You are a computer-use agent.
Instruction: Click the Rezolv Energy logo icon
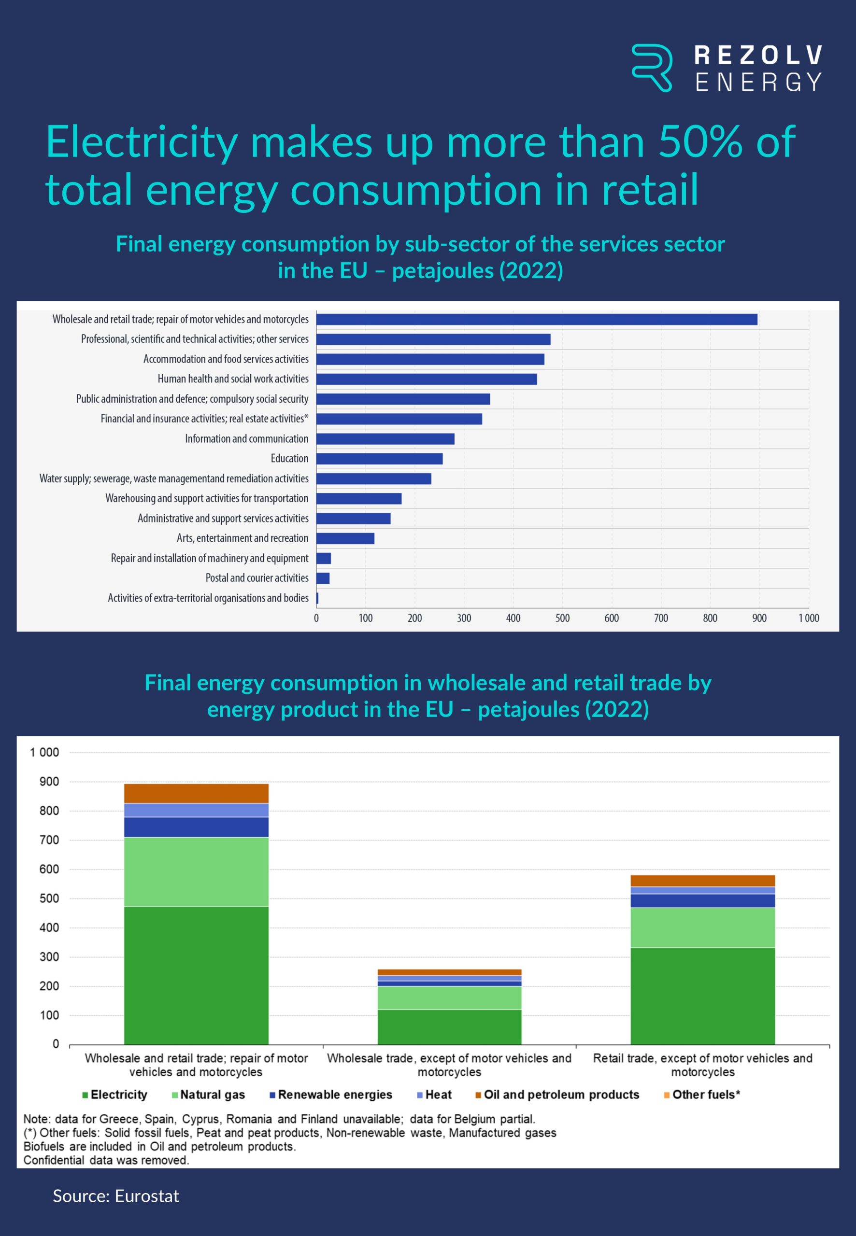(x=652, y=68)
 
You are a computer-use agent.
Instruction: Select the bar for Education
(x=379, y=459)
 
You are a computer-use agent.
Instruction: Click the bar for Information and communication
(x=385, y=439)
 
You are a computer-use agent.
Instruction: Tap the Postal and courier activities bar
(x=323, y=578)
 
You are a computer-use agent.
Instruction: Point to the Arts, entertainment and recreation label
(x=243, y=538)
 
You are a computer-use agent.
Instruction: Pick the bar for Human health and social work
(x=427, y=379)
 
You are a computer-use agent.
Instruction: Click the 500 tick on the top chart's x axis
(x=562, y=618)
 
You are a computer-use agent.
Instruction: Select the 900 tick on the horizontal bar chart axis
(x=759, y=618)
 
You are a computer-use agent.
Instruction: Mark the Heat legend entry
(x=434, y=1095)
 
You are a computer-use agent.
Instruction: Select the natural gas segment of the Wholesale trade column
(x=449, y=998)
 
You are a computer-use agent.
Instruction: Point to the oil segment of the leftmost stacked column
(x=196, y=793)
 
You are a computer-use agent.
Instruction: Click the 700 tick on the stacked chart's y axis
(x=49, y=840)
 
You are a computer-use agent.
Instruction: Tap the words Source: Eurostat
(x=116, y=1196)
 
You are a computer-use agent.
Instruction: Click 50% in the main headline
(x=700, y=142)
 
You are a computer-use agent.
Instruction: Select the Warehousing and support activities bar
(x=359, y=498)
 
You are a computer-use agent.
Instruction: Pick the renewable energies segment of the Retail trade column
(x=702, y=900)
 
